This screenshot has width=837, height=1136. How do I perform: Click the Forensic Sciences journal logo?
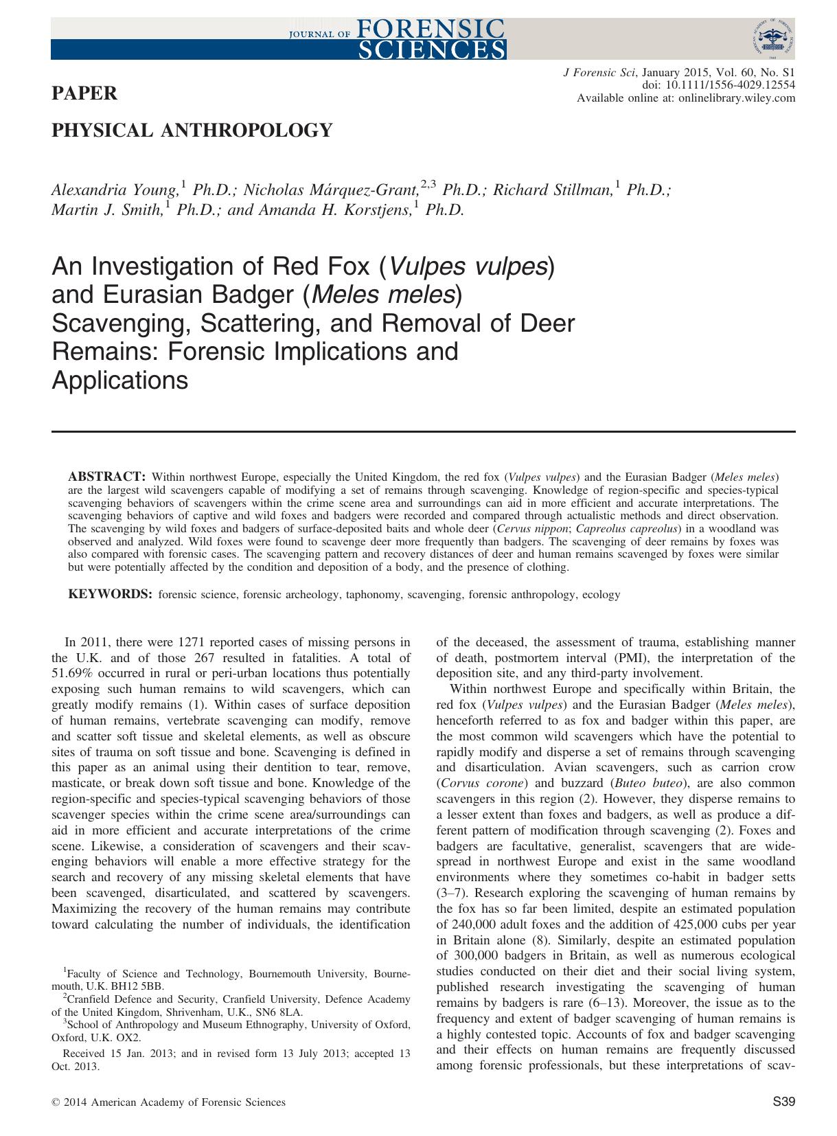[x=396, y=38]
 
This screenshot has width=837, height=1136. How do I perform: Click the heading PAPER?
[x=84, y=93]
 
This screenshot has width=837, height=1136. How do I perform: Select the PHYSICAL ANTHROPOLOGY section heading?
[x=192, y=130]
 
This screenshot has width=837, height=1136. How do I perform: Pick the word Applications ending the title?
[x=119, y=380]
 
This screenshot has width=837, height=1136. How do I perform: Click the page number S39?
[x=783, y=1102]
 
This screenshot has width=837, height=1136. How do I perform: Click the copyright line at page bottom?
[x=168, y=1102]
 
